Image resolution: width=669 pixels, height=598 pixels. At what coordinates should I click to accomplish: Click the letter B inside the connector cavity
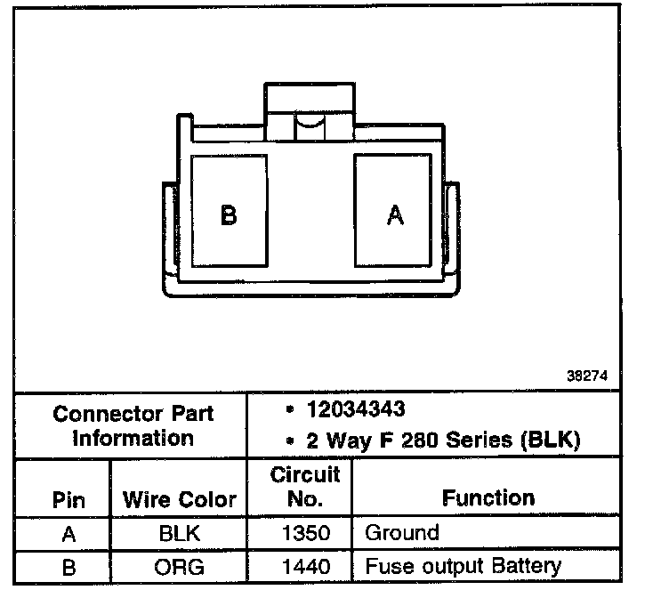point(229,214)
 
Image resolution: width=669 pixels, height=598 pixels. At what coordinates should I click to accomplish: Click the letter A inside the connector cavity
point(395,214)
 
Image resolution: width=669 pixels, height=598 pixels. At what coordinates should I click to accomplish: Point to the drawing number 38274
point(587,376)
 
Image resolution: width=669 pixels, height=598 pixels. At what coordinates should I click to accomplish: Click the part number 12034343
point(356,409)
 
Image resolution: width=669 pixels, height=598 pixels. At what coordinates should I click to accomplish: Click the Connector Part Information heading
point(133,425)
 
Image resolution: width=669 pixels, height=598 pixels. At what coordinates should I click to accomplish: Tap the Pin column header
point(69,499)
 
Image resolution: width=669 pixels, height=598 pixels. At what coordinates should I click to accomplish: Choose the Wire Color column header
point(180,499)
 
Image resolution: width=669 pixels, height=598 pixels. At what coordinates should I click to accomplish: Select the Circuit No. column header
point(305,486)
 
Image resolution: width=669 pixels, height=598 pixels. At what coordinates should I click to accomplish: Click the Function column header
point(488,498)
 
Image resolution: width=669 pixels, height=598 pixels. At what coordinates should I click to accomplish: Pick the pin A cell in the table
point(69,534)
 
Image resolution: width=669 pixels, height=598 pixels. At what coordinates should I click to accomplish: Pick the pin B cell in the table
point(69,566)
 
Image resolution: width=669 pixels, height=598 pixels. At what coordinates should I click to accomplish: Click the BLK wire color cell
point(180,534)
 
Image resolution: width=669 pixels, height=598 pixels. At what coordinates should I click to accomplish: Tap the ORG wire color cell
point(180,566)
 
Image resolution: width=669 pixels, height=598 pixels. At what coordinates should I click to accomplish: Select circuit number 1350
point(305,534)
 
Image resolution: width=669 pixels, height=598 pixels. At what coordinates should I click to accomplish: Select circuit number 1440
point(305,566)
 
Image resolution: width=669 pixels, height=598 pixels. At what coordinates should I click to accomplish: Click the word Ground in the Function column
point(402,534)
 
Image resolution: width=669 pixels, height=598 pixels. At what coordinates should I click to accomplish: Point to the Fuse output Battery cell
point(463,566)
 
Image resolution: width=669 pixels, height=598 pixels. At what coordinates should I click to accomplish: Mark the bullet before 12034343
point(290,410)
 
